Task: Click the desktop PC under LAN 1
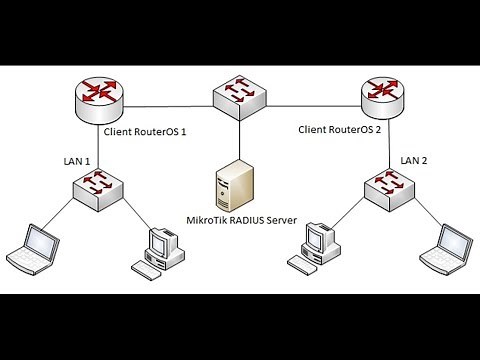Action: tap(160, 250)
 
